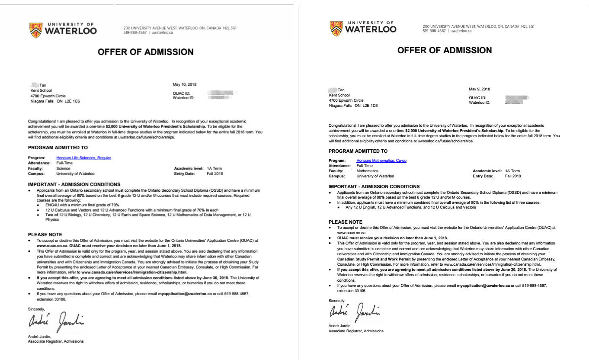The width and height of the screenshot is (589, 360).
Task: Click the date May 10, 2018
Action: point(184,84)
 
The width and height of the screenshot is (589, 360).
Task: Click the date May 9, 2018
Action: point(480,89)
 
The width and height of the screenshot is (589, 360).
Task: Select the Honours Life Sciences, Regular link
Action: point(83,158)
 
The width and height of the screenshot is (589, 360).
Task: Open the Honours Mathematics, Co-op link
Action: point(381,161)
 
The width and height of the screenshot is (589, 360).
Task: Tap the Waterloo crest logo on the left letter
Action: point(36,30)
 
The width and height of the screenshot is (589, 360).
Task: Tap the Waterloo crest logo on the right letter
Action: point(336,29)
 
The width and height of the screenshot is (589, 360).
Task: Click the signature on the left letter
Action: point(56,322)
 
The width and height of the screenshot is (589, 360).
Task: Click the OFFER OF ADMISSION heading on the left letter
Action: point(145,52)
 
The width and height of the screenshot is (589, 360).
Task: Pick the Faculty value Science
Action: point(63,168)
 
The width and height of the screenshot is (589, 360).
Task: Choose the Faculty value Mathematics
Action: point(367,171)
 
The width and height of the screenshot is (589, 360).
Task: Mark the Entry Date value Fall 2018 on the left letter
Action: point(215,174)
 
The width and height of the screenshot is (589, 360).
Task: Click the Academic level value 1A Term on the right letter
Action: point(512,171)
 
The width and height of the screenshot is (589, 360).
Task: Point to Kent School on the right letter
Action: point(339,95)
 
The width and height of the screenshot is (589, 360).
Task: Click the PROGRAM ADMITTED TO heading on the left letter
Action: point(58,148)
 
